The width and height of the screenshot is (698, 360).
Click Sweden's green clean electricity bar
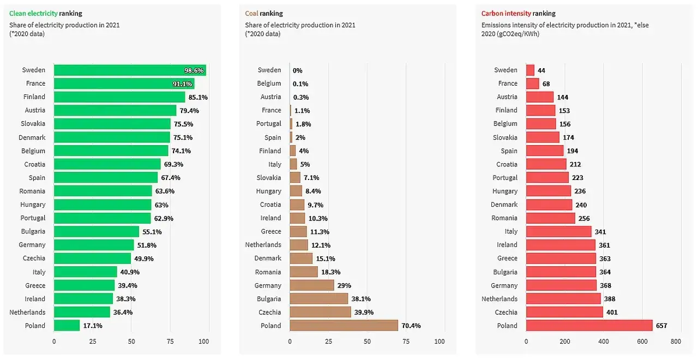pyautogui.click(x=130, y=70)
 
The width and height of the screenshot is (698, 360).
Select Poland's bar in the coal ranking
pyautogui.click(x=344, y=326)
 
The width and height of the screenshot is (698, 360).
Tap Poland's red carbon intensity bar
pyautogui.click(x=589, y=326)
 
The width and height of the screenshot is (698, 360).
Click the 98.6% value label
pyautogui.click(x=194, y=70)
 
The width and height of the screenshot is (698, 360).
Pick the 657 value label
pyautogui.click(x=661, y=326)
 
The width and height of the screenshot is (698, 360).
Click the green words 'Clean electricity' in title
pyautogui.click(x=33, y=13)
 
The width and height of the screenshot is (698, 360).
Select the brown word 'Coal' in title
pyautogui.click(x=251, y=13)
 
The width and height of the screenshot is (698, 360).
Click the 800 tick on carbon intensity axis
pyautogui.click(x=676, y=341)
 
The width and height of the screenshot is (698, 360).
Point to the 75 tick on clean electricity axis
pyautogui.click(x=170, y=341)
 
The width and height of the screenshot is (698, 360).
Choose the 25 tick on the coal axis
pyautogui.click(x=328, y=341)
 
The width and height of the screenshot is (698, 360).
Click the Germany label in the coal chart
pyautogui.click(x=268, y=285)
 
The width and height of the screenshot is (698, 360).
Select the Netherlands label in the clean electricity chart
pyautogui.click(x=27, y=312)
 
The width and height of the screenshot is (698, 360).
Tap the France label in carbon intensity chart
pyautogui.click(x=507, y=83)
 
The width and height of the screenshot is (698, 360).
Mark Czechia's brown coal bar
pyautogui.click(x=320, y=312)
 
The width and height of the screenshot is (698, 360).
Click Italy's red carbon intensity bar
pyautogui.click(x=558, y=231)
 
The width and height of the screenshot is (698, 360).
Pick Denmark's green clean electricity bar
pyautogui.click(x=112, y=137)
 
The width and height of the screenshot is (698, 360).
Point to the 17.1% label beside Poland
pyautogui.click(x=93, y=326)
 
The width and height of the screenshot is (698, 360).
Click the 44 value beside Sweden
pyautogui.click(x=541, y=70)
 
